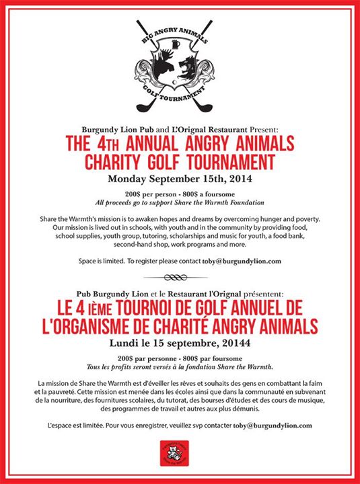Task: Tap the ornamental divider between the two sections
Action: click(x=179, y=277)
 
